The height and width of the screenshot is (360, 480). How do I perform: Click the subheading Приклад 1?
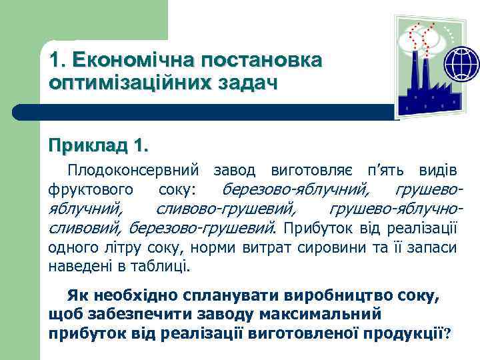coord(99,145)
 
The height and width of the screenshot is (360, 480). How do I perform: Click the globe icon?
coord(461,65)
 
